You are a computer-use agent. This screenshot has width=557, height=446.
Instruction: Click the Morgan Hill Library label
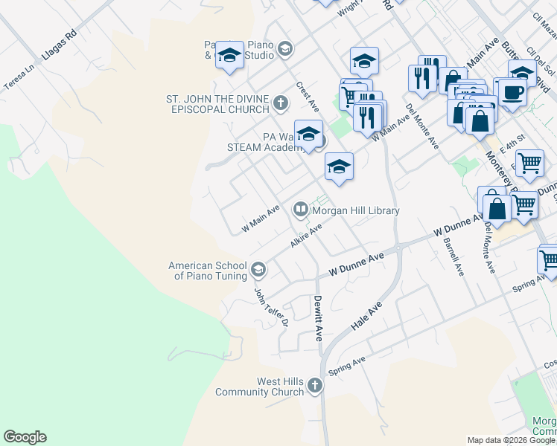pyautogui.click(x=356, y=210)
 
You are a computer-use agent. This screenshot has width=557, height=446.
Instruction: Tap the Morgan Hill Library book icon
pyautogui.click(x=301, y=210)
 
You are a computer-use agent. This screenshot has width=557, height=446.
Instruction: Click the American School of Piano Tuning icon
pyautogui.click(x=258, y=268)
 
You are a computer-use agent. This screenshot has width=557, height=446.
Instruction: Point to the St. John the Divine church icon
pyautogui.click(x=280, y=103)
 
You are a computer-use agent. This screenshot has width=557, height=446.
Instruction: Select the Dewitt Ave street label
pyautogui.click(x=318, y=317)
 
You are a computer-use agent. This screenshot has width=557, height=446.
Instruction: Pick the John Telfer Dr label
pyautogui.click(x=271, y=307)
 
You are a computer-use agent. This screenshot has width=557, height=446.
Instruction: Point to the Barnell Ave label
pyautogui.click(x=453, y=257)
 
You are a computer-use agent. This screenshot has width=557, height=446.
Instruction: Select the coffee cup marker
pyautogui.click(x=512, y=92)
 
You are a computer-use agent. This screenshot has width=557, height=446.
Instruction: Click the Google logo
pyautogui.click(x=25, y=437)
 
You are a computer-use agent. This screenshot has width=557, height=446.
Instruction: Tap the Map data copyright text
pyautogui.click(x=511, y=440)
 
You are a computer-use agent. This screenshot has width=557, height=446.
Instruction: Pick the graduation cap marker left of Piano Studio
pyautogui.click(x=230, y=55)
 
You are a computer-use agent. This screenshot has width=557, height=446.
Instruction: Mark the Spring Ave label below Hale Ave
pyautogui.click(x=347, y=366)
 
